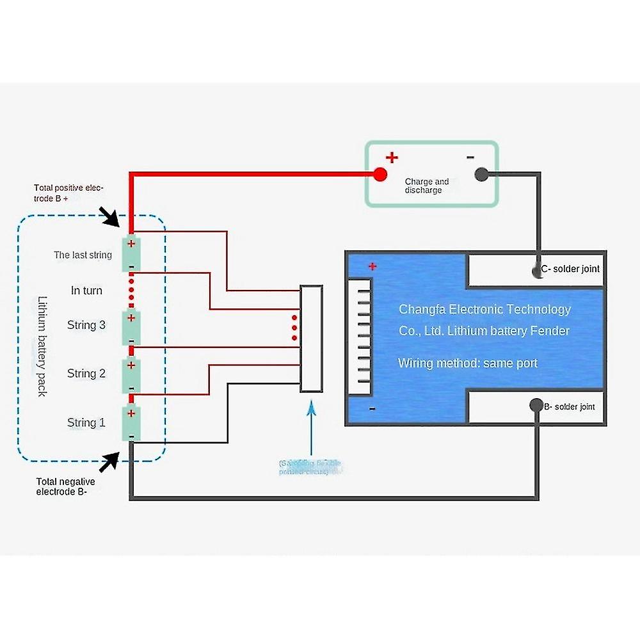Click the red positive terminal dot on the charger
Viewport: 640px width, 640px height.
click(380, 174)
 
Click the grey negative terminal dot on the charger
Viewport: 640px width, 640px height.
click(482, 174)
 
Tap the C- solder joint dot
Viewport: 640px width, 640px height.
click(537, 271)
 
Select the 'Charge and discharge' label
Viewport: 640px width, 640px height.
click(427, 186)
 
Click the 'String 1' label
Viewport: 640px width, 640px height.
click(86, 422)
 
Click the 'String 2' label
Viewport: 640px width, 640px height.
click(86, 373)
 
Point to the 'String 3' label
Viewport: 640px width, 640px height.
click(86, 325)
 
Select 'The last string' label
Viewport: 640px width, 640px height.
click(83, 255)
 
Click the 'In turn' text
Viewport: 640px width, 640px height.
click(86, 291)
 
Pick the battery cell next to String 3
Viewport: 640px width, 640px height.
click(131, 327)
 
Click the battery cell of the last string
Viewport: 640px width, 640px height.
click(131, 253)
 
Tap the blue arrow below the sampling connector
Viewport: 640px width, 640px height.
click(311, 429)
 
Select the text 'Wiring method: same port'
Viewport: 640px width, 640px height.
click(467, 363)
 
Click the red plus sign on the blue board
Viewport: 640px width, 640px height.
click(372, 266)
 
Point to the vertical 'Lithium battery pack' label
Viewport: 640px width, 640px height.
click(42, 346)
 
